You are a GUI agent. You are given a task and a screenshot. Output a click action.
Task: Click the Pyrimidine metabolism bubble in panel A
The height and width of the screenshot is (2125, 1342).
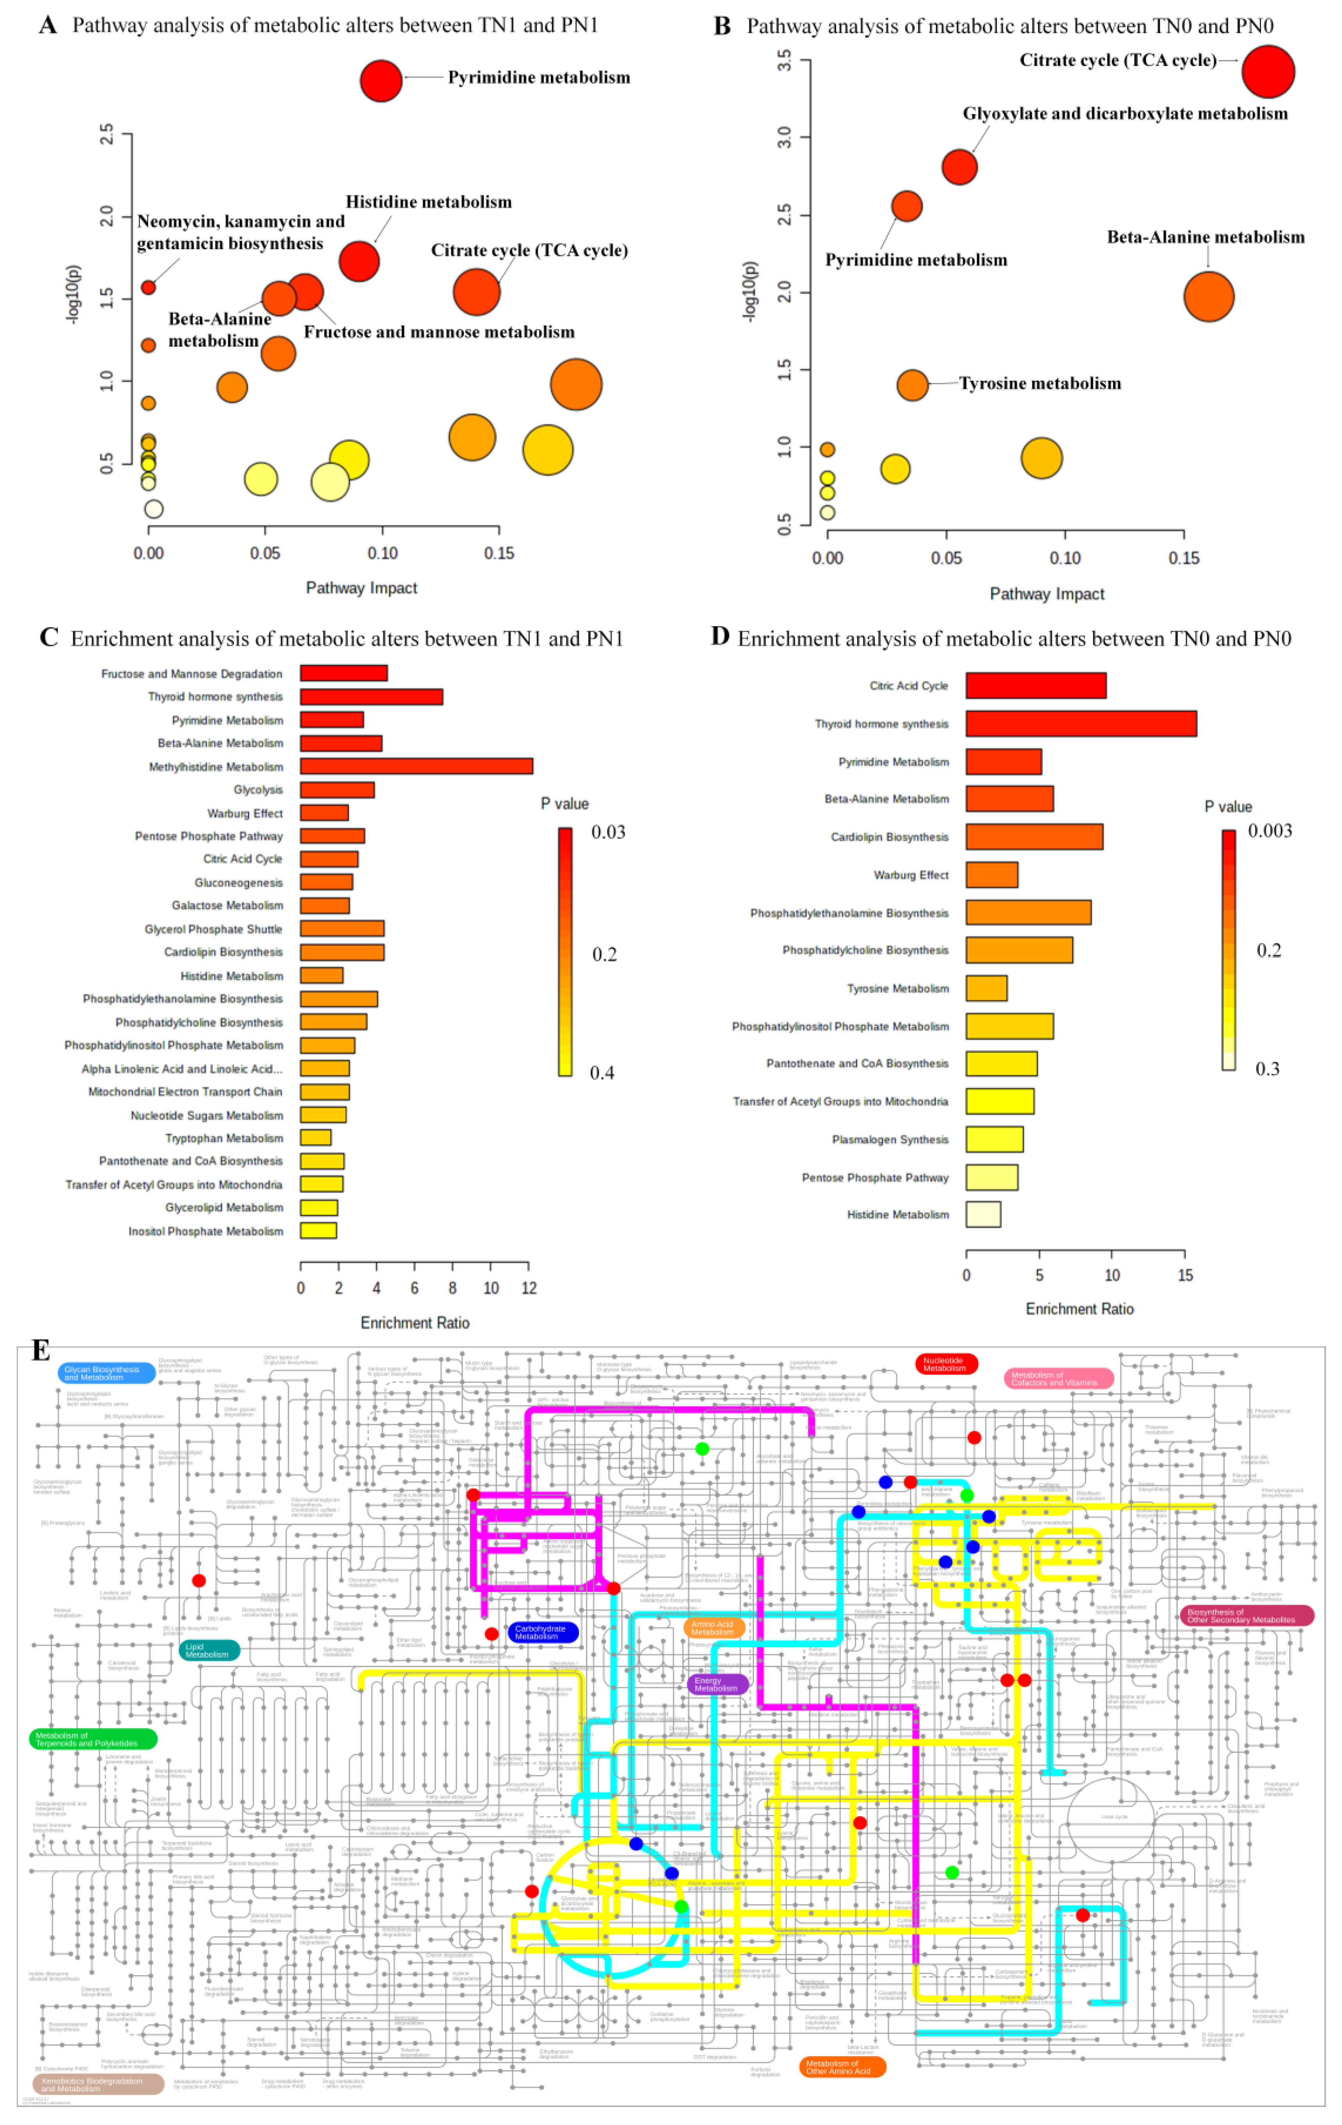tap(381, 80)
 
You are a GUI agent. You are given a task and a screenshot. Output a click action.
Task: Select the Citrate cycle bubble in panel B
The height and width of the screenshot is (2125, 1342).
tap(1268, 72)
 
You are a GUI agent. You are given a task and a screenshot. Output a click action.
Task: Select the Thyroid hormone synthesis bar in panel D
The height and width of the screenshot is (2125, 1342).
tap(1081, 723)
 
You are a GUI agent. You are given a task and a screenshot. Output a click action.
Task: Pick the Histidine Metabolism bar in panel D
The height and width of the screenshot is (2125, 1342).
tap(983, 1214)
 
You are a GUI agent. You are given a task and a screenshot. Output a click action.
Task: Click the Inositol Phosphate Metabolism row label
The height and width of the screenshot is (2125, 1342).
tap(205, 1231)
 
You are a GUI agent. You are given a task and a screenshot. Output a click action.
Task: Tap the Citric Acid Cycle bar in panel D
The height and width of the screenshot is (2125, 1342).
tap(1036, 686)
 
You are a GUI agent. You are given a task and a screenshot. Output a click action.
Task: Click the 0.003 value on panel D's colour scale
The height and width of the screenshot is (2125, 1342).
tap(1269, 830)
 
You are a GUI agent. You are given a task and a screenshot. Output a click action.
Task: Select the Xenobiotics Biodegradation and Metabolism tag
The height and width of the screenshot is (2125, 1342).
tap(97, 2084)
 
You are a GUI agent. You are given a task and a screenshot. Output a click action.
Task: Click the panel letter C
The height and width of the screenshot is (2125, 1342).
tap(49, 637)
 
